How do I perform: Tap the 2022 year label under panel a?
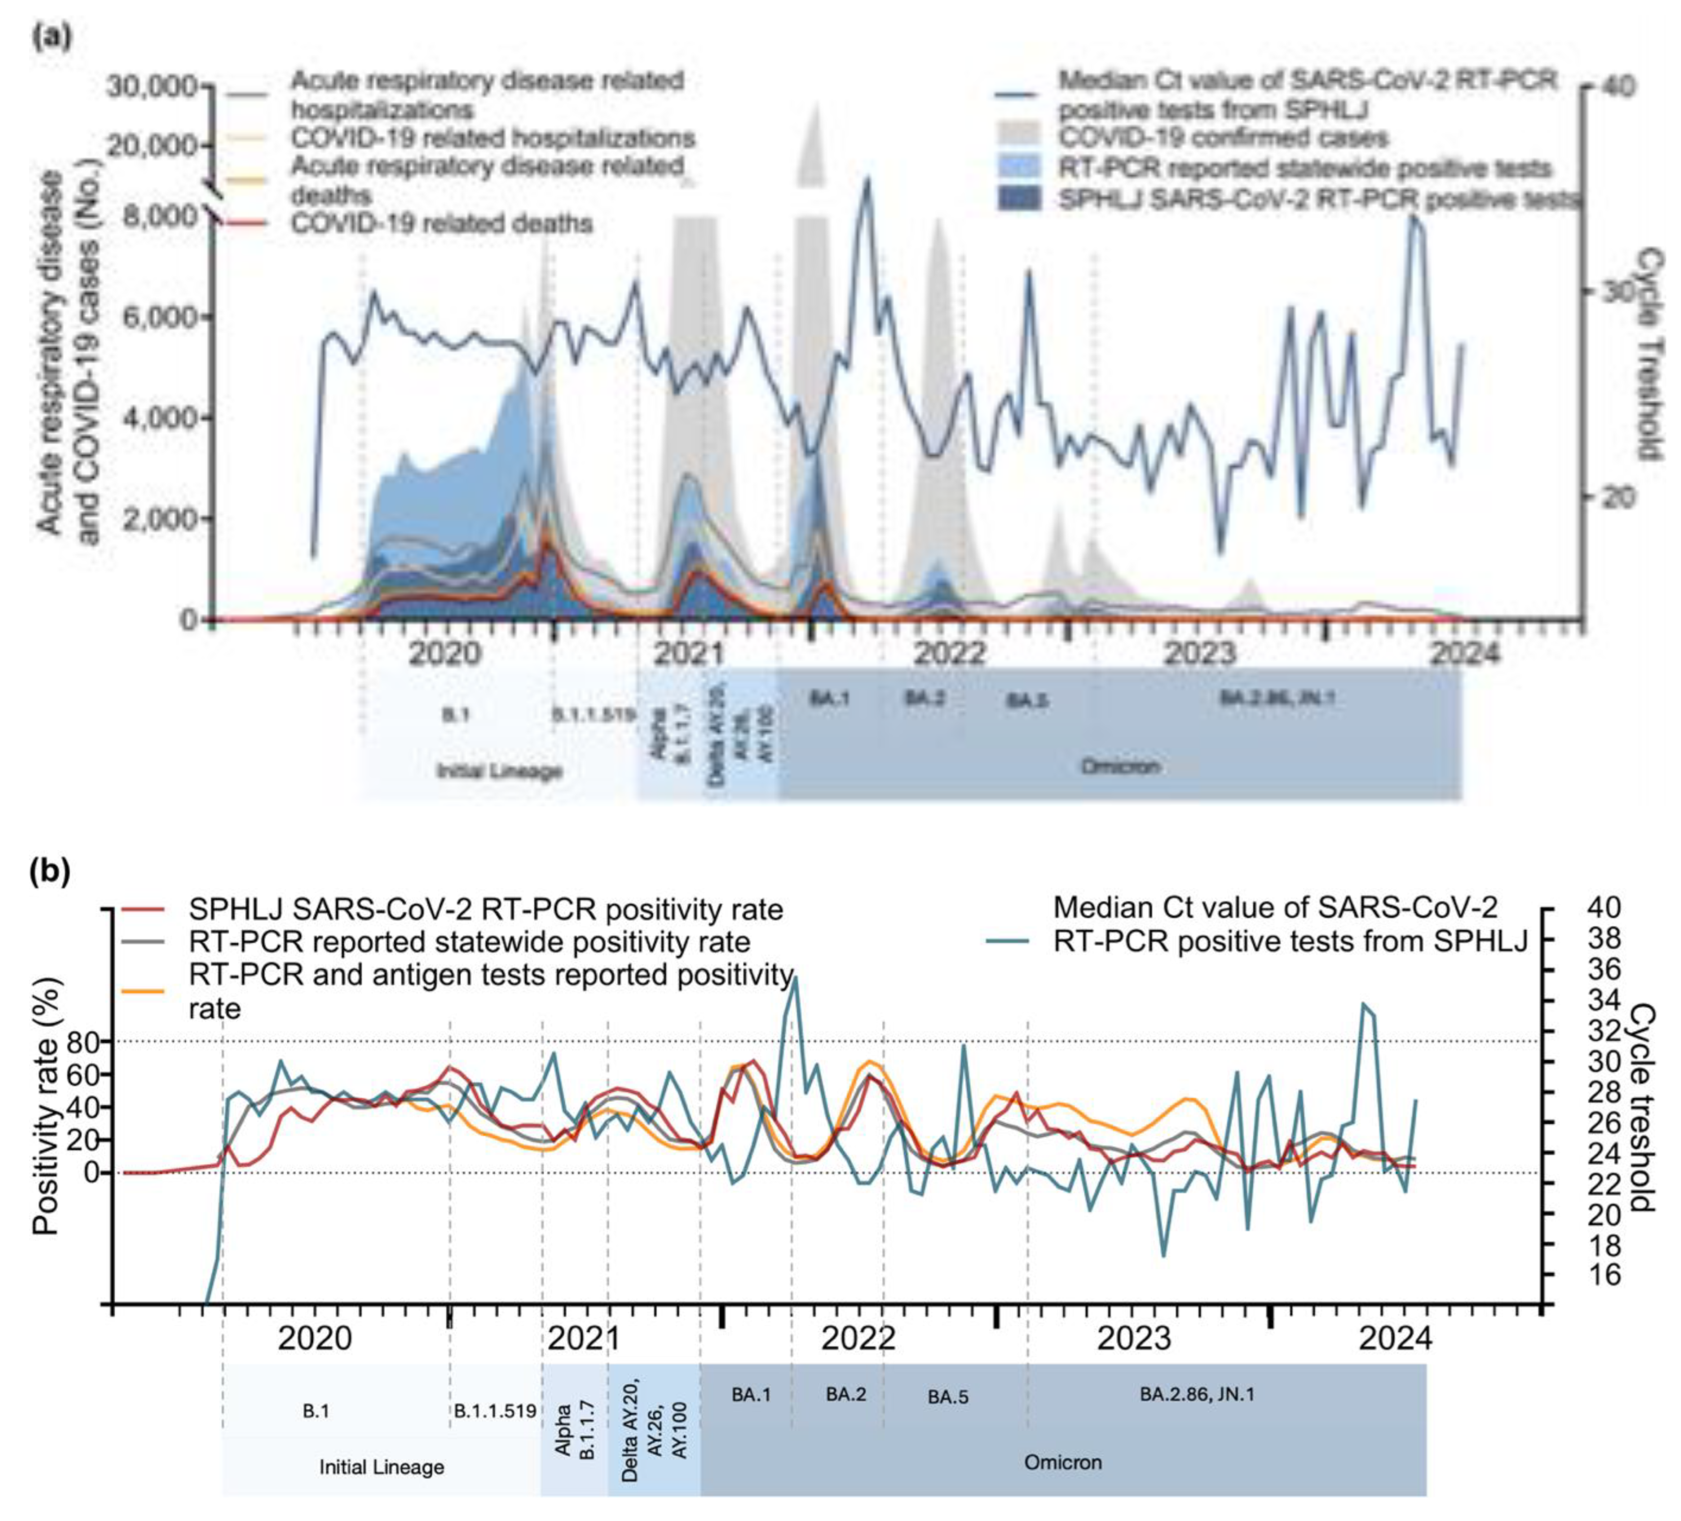tap(950, 653)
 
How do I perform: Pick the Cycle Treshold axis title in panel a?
tap(1649, 354)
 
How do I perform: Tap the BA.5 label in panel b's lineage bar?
tap(948, 1397)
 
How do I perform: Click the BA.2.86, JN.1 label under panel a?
tap(1277, 698)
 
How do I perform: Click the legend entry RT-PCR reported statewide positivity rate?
tap(470, 942)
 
